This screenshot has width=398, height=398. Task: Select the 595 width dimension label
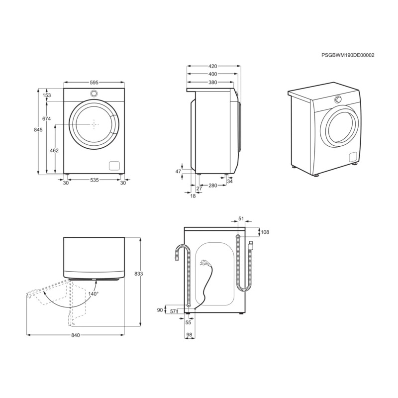click(x=94, y=82)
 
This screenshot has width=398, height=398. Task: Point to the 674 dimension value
click(x=47, y=118)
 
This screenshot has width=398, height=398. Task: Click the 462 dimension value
click(x=55, y=150)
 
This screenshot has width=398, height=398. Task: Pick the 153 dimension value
click(x=47, y=95)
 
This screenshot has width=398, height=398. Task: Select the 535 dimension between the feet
click(x=94, y=180)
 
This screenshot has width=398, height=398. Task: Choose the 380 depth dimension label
click(x=212, y=83)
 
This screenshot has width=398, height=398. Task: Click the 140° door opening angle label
click(x=93, y=294)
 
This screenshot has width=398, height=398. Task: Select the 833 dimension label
click(x=139, y=274)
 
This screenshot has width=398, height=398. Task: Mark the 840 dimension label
click(x=75, y=335)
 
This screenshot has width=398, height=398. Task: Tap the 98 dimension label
click(x=189, y=335)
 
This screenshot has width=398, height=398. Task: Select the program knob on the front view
click(x=94, y=95)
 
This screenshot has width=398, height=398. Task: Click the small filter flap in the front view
click(x=114, y=166)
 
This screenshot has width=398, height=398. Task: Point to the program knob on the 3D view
click(x=338, y=99)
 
